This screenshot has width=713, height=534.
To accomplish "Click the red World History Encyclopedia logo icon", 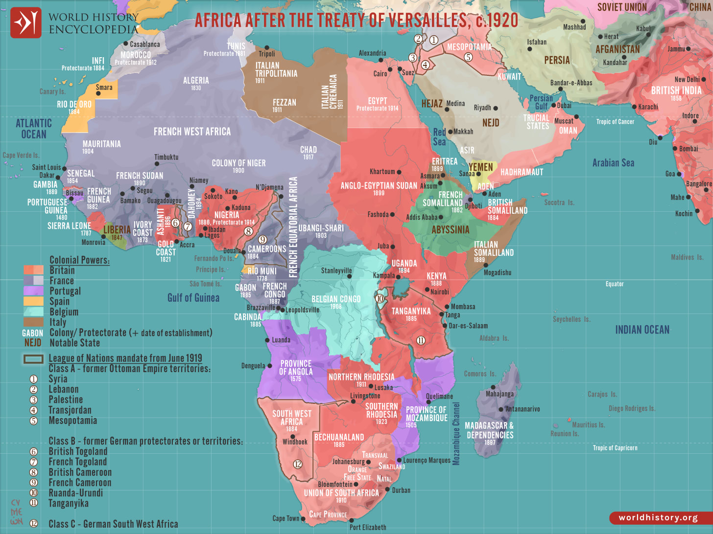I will [26, 22].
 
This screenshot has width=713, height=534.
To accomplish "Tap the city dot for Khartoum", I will [399, 172].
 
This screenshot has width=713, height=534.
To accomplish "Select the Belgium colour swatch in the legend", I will [33, 311].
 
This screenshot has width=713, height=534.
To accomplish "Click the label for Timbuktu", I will [166, 157].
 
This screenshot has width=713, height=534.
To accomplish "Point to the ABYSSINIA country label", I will [450, 230].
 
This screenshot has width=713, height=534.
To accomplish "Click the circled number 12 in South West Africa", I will [298, 464].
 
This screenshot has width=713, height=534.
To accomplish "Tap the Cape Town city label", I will [285, 518].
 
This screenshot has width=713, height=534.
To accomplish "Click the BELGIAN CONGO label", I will [336, 299].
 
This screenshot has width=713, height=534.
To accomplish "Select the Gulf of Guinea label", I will [193, 298].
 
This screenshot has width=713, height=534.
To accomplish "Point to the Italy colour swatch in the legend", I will [33, 322].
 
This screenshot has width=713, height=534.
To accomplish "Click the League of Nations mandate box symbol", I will [33, 359].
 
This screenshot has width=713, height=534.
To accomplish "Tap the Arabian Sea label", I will [613, 163].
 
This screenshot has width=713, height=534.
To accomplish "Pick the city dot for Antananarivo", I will [501, 409].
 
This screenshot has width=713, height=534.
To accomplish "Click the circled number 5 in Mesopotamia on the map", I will [468, 57].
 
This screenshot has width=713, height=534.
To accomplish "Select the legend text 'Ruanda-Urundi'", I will [75, 493].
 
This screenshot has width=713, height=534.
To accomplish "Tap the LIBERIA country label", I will [117, 230].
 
